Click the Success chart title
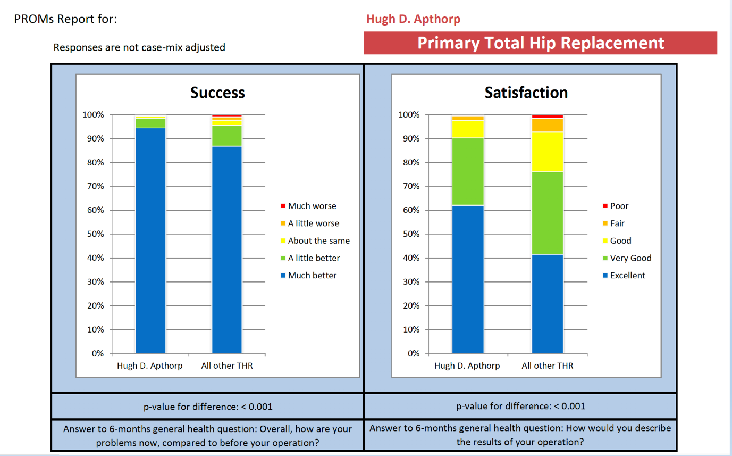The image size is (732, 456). coord(217,93)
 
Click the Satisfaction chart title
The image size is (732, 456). coord(526,93)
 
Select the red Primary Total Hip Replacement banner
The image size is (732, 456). coord(540,43)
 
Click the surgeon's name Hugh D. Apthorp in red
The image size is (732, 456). coord(413,19)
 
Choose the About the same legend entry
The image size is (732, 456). coord(318,241)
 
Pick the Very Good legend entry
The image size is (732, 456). coord(630,258)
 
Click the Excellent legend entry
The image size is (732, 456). coord(627,275)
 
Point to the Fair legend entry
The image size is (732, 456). coord(617,223)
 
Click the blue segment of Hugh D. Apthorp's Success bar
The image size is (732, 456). coord(150,239)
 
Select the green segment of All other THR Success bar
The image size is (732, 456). coord(227,136)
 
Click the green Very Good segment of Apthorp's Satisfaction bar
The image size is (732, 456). coord(468,171)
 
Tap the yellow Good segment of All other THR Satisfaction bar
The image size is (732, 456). coord(548,152)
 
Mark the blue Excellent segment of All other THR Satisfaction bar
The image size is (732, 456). coord(548,303)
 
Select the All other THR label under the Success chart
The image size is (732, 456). coord(227,366)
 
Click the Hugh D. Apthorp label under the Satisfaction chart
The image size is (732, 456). coord(467,366)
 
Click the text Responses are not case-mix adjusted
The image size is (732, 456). coord(139,47)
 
